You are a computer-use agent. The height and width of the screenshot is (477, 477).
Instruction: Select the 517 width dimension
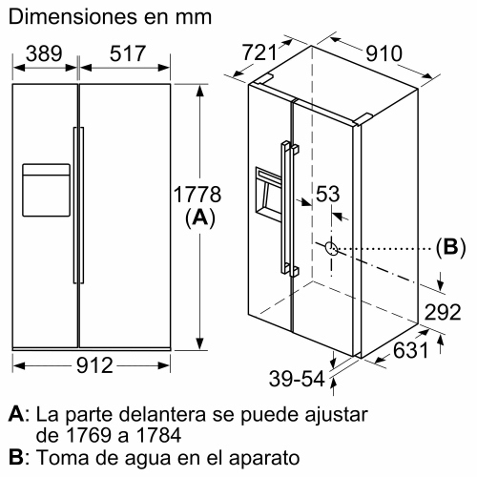point(128,54)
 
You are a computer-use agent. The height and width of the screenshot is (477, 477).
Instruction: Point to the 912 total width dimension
point(93,365)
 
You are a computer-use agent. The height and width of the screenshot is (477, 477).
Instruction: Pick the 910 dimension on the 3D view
point(384,53)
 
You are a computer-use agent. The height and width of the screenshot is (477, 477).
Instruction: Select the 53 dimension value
point(328,195)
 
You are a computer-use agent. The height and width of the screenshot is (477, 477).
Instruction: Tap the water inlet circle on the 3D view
point(330,247)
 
